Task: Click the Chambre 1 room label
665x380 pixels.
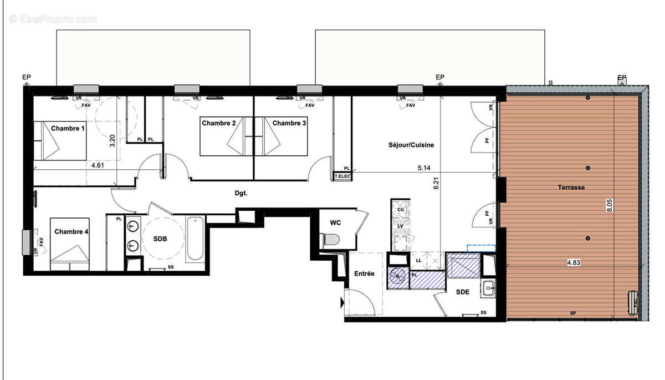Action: click(x=68, y=128)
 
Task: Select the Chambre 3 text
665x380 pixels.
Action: click(x=289, y=123)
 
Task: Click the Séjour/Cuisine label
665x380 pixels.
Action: click(x=411, y=145)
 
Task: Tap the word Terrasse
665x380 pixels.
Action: click(x=571, y=188)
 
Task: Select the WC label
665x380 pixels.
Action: click(x=335, y=222)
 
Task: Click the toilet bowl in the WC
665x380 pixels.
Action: click(x=331, y=240)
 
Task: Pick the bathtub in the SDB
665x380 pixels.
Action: click(x=195, y=239)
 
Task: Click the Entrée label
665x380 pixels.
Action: click(x=364, y=273)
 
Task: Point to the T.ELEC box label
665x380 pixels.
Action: click(x=342, y=176)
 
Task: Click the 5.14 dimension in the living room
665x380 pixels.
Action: click(x=426, y=166)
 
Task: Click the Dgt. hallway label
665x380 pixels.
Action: click(x=241, y=194)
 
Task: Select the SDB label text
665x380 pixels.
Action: click(x=160, y=239)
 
